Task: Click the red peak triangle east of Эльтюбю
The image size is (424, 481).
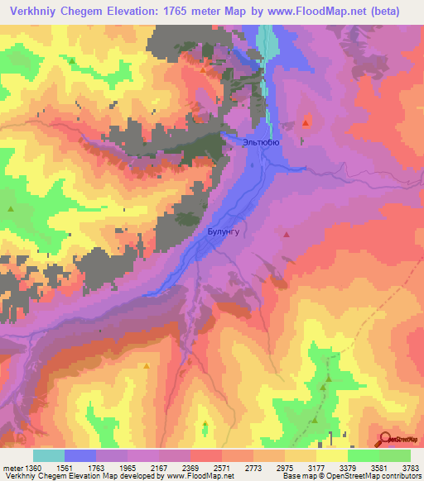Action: [x=306, y=123]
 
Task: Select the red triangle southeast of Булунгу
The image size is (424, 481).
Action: [x=287, y=235]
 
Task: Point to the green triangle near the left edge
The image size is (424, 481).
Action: [x=11, y=209]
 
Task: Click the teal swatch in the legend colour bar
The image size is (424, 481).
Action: [x=48, y=455]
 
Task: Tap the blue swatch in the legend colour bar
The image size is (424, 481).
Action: [x=79, y=455]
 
